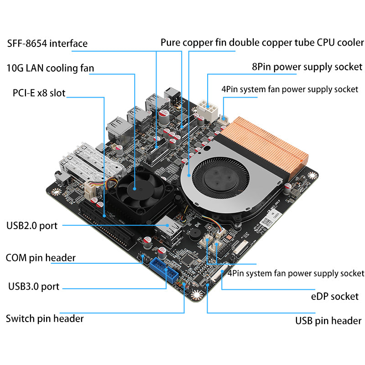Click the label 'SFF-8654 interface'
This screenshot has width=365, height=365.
point(47,44)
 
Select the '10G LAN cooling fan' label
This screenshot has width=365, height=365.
point(50,68)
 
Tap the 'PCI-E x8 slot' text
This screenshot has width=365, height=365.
point(39,93)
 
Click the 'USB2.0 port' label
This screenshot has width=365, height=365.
point(32,225)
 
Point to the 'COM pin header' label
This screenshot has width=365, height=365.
point(40,258)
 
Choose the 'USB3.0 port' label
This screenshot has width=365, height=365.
point(34,287)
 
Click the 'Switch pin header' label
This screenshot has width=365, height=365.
point(44,318)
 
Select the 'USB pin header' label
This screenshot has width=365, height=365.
point(328,321)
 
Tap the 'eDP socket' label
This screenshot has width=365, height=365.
point(331,297)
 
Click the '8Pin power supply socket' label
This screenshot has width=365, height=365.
point(307,67)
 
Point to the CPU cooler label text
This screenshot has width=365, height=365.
point(262,43)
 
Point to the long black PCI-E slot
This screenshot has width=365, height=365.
point(107,224)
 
